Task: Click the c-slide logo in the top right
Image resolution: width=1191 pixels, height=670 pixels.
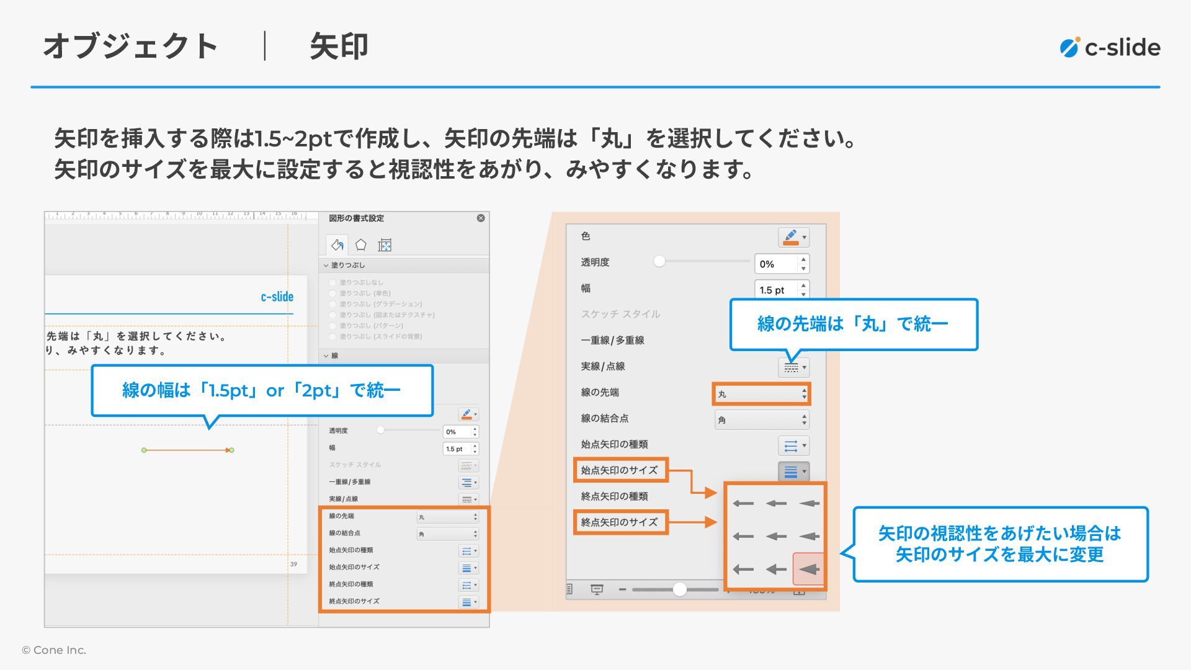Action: pos(1110,48)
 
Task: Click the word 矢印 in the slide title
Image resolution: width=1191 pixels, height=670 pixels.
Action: pos(339,47)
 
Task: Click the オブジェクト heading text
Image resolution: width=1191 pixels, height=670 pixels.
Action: pos(131,47)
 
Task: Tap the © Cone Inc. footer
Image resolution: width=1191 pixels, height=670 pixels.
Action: pos(54,650)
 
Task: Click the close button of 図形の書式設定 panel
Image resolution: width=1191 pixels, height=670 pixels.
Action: pos(481,218)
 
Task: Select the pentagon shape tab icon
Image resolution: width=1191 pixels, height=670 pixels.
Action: pos(360,245)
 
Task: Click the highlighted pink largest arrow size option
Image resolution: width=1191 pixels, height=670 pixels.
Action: pos(808,569)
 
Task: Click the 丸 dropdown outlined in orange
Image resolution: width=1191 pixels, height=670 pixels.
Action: pos(761,394)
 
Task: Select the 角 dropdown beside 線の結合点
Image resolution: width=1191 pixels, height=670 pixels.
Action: pos(761,420)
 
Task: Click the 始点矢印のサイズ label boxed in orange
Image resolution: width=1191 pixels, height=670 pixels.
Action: pos(620,470)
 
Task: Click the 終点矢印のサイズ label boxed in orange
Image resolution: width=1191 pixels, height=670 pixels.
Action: pos(620,522)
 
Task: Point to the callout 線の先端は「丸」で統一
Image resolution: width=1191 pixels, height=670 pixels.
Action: pos(853,324)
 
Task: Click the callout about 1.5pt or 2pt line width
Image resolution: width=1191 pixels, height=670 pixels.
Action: pos(261,390)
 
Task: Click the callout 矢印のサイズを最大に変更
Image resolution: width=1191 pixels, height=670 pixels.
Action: pos(1000,544)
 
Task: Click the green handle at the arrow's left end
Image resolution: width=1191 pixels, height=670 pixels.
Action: pos(144,450)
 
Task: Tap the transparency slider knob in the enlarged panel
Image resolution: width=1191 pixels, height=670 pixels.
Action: pos(659,261)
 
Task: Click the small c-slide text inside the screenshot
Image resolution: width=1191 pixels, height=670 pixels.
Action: pos(277,297)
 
